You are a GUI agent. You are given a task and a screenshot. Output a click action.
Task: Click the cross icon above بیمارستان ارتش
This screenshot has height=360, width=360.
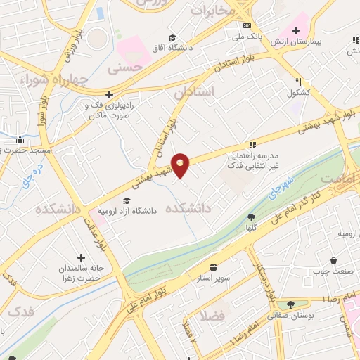pos(296,30)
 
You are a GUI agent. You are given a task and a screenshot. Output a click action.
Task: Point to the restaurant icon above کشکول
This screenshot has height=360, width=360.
pos(298,82)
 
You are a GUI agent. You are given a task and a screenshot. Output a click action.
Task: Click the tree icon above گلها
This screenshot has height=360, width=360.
pos(252,217)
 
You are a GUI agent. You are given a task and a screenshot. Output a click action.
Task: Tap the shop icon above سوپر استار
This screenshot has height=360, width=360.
pos(212,268)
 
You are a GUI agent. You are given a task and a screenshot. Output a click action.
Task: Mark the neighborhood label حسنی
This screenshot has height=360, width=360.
pos(124,69)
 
